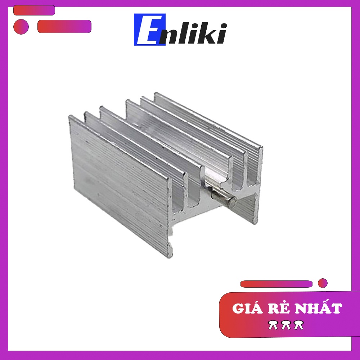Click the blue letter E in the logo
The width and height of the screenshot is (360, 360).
pos(149,30)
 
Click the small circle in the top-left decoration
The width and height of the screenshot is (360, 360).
pos(21,27)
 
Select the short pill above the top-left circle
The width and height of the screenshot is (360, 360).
pos(34,10)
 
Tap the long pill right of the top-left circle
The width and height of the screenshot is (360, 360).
pos(64,26)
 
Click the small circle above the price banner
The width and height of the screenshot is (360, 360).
pos(323,283)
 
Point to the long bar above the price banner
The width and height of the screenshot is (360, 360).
pos(276,284)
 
